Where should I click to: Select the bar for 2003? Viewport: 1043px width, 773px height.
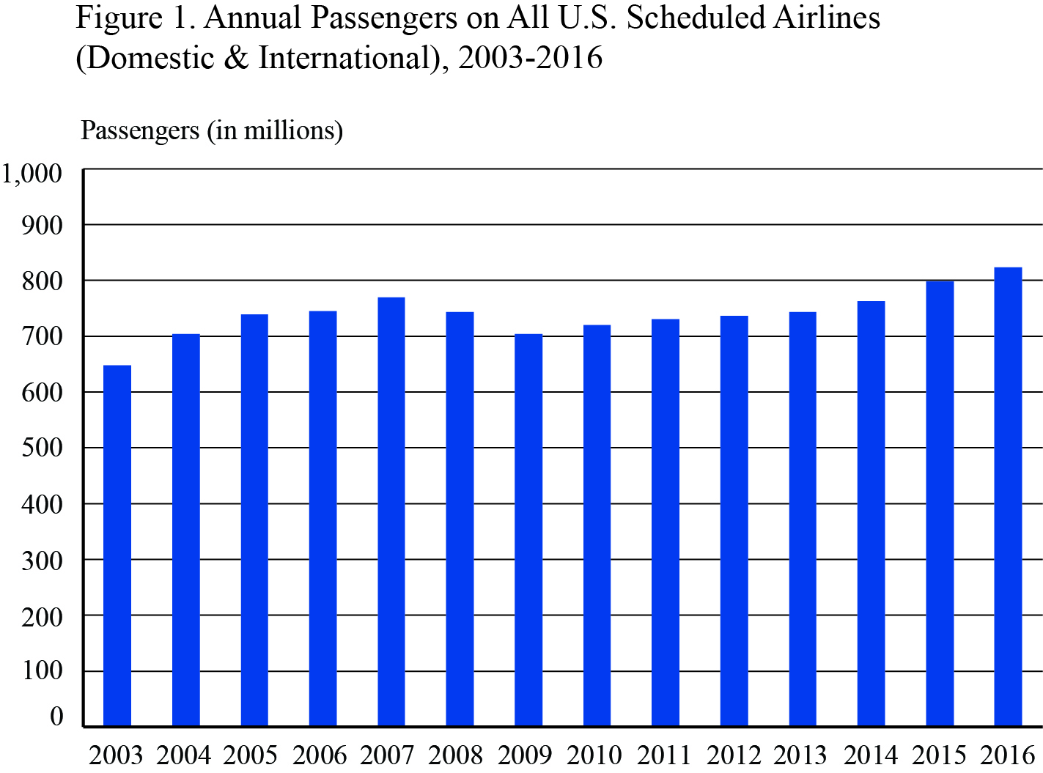[x=117, y=545]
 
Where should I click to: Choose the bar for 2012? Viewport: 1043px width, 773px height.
[x=734, y=521]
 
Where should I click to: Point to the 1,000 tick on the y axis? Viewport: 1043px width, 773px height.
[x=31, y=174]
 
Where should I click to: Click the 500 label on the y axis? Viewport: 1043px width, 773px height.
[x=43, y=448]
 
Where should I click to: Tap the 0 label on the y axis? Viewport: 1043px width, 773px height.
[x=56, y=717]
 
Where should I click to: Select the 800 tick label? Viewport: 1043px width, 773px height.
[x=43, y=281]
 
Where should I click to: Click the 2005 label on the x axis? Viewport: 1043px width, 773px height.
[x=251, y=754]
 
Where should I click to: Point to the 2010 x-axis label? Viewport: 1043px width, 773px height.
[x=594, y=754]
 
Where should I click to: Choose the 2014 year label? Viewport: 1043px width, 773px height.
[x=871, y=754]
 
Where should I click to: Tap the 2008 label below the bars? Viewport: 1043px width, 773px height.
[x=456, y=754]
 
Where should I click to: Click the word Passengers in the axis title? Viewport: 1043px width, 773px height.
[x=140, y=130]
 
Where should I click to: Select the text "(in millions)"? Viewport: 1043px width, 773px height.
[x=275, y=131]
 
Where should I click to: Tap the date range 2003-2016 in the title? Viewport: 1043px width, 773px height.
[x=530, y=57]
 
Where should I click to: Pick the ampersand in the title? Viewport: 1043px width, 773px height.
[x=236, y=57]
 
